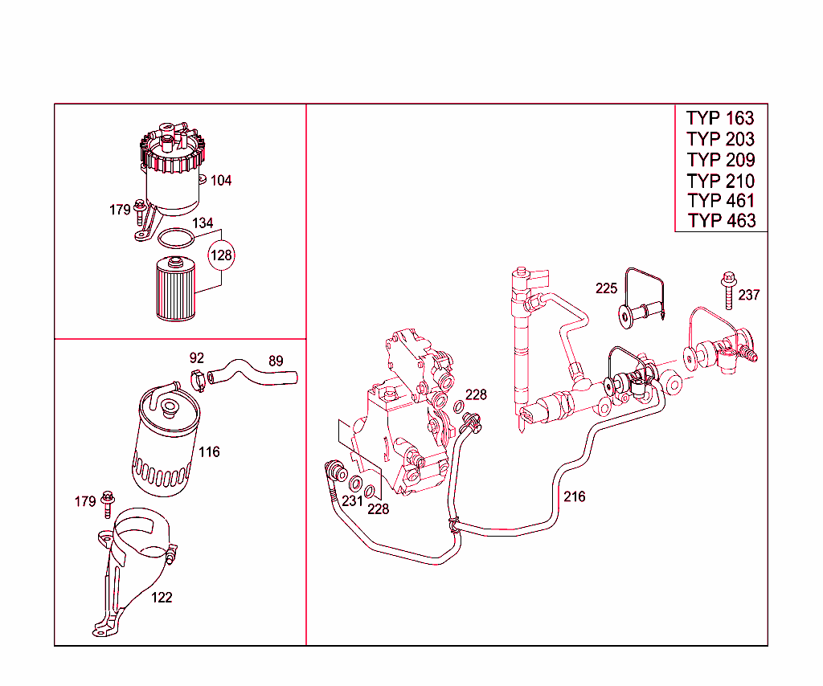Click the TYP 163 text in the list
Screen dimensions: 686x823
coord(720,118)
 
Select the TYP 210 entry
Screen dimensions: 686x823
coord(720,180)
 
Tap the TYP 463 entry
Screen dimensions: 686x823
coord(721,221)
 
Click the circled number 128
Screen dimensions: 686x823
coord(221,256)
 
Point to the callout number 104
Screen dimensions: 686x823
coord(221,181)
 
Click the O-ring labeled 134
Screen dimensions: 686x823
coord(176,239)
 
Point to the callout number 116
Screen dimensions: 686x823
coord(209,452)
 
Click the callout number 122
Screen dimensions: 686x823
coord(162,598)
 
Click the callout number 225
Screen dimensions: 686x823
coord(606,288)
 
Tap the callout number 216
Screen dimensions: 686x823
coord(574,496)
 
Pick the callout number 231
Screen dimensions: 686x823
coord(352,500)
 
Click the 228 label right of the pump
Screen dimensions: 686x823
coord(476,395)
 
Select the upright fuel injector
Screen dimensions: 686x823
coord(522,345)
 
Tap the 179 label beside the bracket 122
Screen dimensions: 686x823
coord(85,502)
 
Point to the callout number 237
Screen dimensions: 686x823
coord(748,296)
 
